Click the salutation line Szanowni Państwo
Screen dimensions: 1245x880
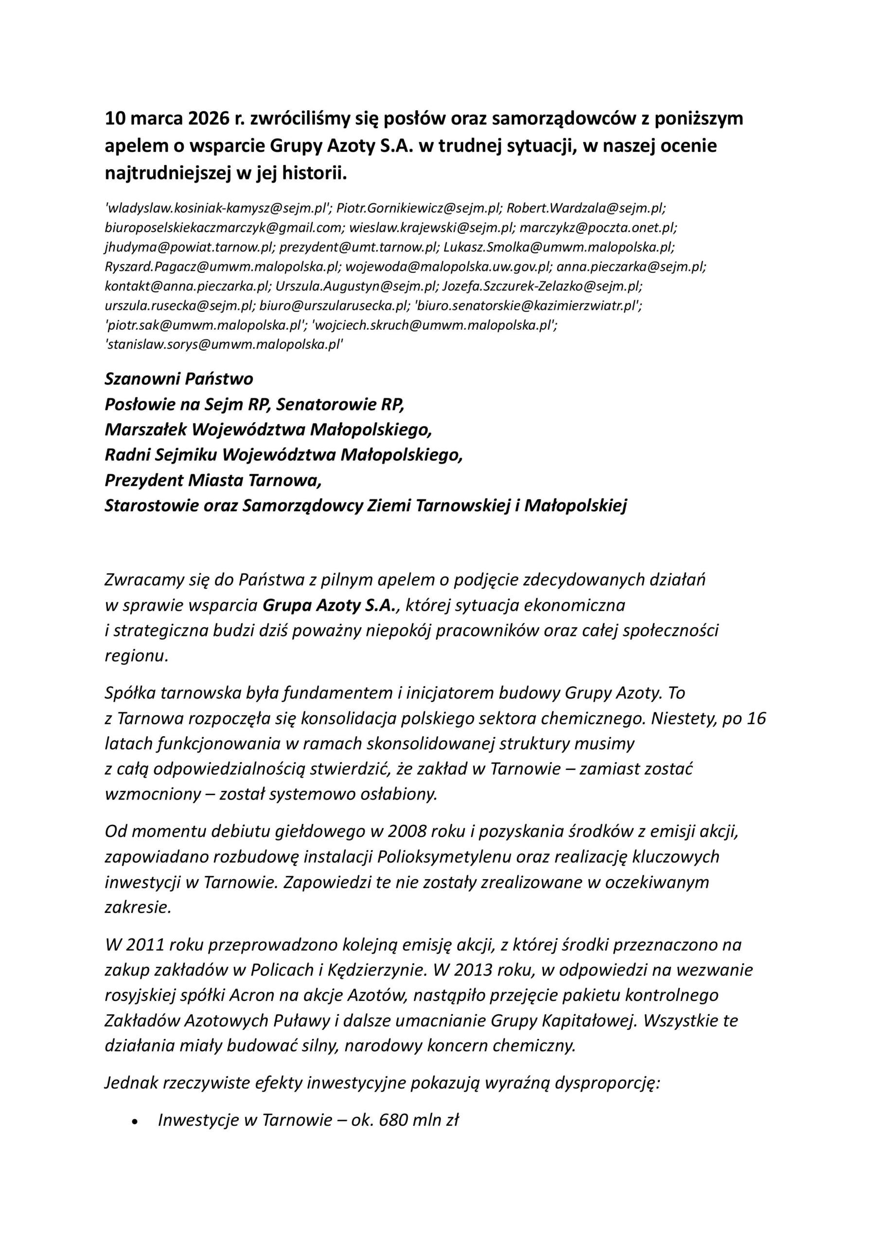point(179,378)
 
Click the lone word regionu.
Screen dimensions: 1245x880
point(137,656)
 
